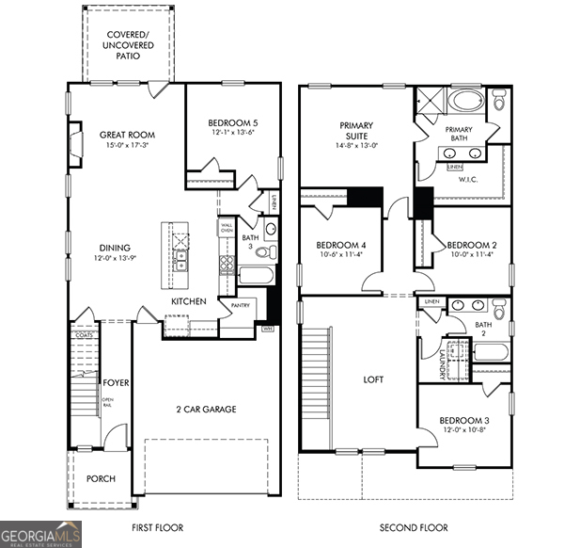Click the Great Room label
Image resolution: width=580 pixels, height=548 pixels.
click(127, 135)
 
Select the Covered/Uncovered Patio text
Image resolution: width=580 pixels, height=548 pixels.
click(128, 45)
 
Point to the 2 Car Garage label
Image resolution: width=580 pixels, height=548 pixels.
click(205, 409)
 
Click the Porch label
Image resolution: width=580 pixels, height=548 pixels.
click(101, 478)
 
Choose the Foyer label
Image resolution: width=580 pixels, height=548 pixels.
click(116, 383)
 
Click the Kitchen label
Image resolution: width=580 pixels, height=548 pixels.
click(188, 301)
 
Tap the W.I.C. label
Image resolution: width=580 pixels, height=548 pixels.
click(469, 179)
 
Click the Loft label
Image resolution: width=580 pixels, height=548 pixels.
click(374, 380)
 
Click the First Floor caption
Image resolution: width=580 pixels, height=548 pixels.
click(157, 528)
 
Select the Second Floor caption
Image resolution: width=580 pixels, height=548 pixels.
click(414, 528)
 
